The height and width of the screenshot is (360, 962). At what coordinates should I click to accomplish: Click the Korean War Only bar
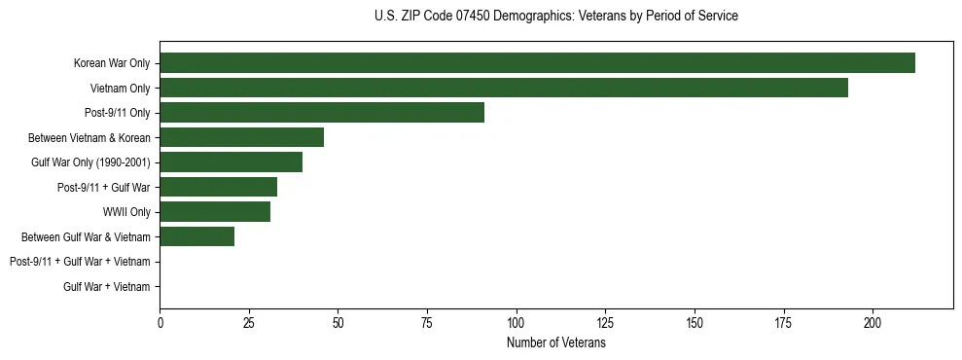537,63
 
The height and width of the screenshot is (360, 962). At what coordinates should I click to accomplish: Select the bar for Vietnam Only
504,88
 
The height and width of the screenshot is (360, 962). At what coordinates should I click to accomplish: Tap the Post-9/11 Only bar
322,113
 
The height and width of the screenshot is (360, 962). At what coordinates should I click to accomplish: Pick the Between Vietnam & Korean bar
241,137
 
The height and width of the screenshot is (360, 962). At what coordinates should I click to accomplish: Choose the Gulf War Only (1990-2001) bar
231,162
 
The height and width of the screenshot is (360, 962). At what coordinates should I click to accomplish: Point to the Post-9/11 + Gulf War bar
218,187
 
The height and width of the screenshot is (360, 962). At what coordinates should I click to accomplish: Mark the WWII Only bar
215,212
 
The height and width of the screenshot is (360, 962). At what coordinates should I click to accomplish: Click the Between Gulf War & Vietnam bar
196,236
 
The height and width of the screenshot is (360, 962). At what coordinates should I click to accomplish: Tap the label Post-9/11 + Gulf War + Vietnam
80,262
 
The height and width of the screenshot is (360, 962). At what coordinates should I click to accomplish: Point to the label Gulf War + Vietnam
107,286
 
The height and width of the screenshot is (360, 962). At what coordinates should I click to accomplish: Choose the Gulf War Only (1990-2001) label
90,162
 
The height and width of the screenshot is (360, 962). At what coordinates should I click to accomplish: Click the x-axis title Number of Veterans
556,342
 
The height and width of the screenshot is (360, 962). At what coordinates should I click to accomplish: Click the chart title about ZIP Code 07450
555,17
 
